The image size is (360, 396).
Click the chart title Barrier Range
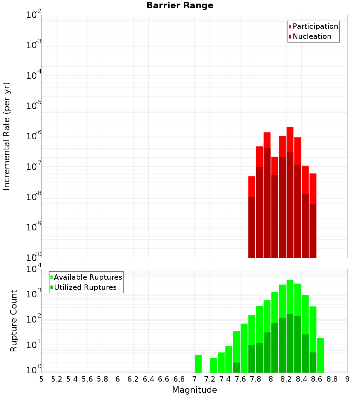pos(180,6)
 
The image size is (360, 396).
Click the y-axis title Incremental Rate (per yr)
pos(7,136)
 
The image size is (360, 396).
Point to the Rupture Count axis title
pos(14,321)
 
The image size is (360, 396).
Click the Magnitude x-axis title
pos(194,390)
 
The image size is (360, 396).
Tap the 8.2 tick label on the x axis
pos(286,379)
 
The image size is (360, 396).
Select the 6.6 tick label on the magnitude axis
pos(164,379)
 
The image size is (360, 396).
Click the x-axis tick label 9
pos(347,379)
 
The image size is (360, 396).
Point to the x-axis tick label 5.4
pos(72,379)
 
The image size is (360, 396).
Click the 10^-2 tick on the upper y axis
pos(33,15)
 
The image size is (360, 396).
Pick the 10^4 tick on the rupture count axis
pos(33,269)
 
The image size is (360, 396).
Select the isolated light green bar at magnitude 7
pos(198,364)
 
